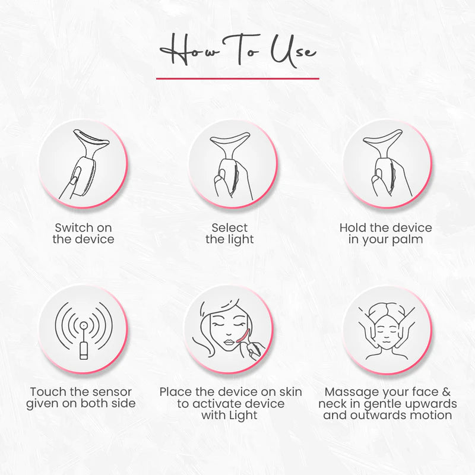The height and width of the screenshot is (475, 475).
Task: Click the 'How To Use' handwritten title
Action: pyautogui.click(x=238, y=50)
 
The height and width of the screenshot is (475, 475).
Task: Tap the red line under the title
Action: pyautogui.click(x=237, y=78)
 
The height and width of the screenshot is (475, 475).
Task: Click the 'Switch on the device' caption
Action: pyautogui.click(x=83, y=233)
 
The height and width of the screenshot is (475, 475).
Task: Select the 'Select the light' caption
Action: pyautogui.click(x=230, y=234)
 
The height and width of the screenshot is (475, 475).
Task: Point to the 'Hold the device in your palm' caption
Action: pyautogui.click(x=385, y=234)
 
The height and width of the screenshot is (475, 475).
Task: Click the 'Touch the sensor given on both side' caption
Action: pyautogui.click(x=81, y=398)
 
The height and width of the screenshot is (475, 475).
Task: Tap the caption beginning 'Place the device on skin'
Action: pyautogui.click(x=230, y=404)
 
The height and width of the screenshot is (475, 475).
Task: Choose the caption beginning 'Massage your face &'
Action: pyautogui.click(x=388, y=404)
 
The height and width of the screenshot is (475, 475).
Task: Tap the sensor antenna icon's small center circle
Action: pyautogui.click(x=84, y=325)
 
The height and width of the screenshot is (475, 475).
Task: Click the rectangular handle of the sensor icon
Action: pyautogui.click(x=84, y=351)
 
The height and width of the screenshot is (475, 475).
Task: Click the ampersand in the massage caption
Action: pyautogui.click(x=446, y=392)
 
